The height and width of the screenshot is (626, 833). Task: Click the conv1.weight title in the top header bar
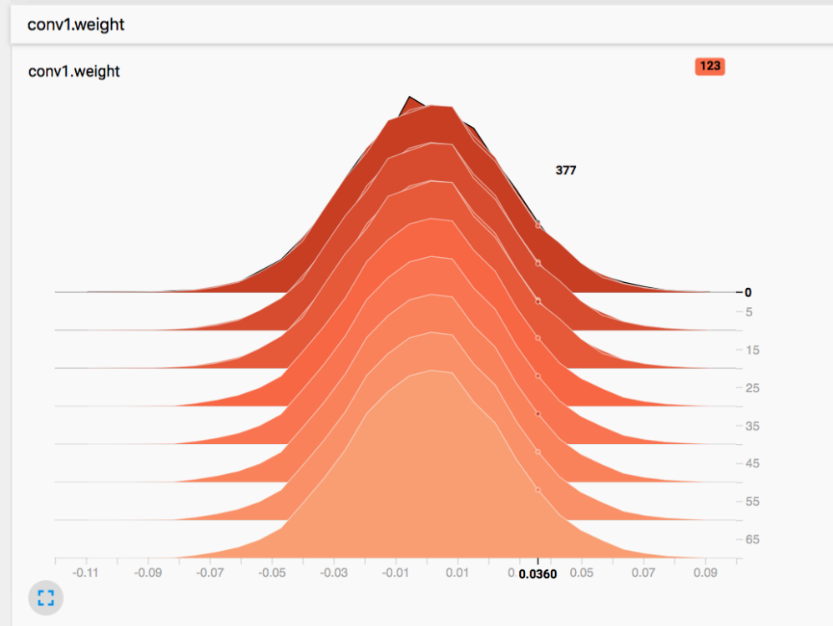point(76,24)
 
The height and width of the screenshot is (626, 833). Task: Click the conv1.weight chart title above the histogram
point(74,72)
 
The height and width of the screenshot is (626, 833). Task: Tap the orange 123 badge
point(709,66)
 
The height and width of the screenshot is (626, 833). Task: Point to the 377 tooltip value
point(566,170)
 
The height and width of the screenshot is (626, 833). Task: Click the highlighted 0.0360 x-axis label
point(538,574)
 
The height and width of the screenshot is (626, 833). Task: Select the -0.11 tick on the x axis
point(86,573)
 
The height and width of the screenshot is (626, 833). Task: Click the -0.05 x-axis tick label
point(272,573)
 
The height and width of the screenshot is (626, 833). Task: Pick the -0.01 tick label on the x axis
point(396,573)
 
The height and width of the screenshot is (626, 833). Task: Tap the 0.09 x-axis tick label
point(706,573)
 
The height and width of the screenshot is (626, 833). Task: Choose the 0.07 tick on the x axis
point(644,573)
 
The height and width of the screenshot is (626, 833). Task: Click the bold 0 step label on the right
point(748,292)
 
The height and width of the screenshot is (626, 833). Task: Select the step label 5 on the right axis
point(749,312)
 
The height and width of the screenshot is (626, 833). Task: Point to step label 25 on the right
point(752,388)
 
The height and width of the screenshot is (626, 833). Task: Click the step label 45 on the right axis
point(752,463)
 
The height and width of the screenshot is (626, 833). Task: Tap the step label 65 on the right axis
point(752,539)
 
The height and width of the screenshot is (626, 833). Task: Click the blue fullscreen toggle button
point(45,597)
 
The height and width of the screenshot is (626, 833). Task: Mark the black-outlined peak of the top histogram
point(409,98)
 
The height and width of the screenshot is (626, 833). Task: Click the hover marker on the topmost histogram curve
point(538,225)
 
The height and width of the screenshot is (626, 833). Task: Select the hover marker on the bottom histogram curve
point(538,490)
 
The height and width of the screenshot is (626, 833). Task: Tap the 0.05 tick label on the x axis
point(582,573)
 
